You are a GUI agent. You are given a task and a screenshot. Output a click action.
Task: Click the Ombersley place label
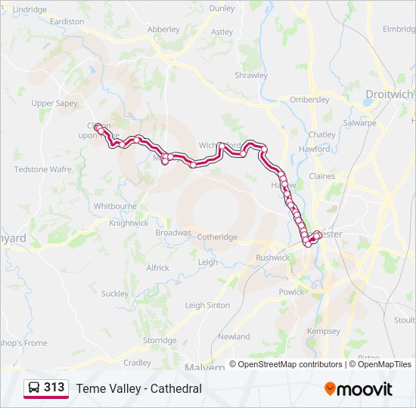[309, 100]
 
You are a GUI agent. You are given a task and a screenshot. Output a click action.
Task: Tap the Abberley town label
[163, 29]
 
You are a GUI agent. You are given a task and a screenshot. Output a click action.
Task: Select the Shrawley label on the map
[251, 76]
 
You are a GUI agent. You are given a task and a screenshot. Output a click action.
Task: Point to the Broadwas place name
[173, 233]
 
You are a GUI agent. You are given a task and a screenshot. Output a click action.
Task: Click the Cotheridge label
[217, 236]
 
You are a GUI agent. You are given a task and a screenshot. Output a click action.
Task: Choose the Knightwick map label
[129, 223]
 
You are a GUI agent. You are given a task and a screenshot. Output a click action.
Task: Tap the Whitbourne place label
[116, 206]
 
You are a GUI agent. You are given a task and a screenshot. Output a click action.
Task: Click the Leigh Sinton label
[207, 305]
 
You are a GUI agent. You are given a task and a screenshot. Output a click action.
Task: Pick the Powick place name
[291, 292]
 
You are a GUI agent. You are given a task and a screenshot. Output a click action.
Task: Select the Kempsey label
[324, 332]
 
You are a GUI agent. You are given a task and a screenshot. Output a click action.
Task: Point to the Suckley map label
[115, 293]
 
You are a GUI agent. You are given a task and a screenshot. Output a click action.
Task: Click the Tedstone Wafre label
[43, 169]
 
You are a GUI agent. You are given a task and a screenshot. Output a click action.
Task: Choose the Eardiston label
[67, 22]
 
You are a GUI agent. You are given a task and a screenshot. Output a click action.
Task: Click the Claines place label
[321, 176]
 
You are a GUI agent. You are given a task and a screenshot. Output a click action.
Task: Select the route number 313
[54, 388]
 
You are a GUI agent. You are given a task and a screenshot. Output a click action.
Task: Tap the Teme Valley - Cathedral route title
[138, 388]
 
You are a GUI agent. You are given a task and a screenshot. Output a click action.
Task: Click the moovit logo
[359, 388]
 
